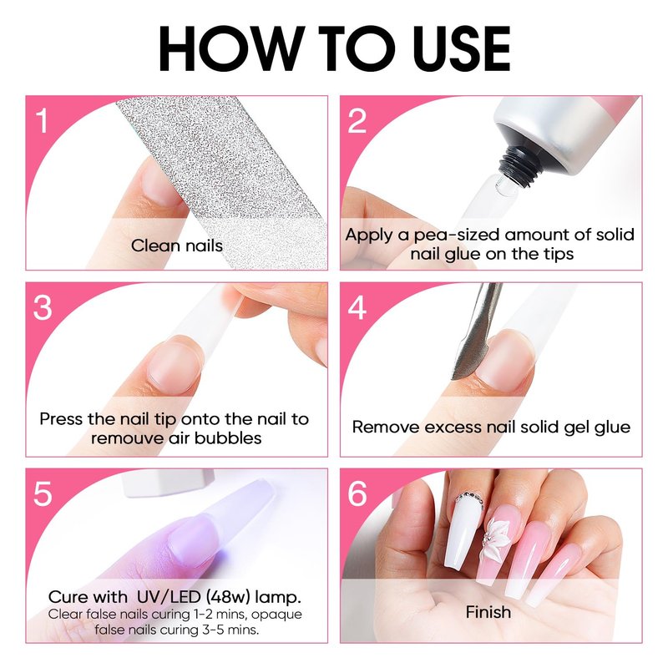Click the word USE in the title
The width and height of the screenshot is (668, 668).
[x=462, y=48]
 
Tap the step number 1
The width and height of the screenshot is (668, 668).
[x=42, y=121]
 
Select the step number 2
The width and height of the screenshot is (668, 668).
[x=357, y=121]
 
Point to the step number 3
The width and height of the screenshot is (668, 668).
[x=43, y=307]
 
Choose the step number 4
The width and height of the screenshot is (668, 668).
[x=357, y=307]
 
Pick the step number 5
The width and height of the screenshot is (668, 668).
[x=43, y=494]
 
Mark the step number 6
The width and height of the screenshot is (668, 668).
[x=357, y=494]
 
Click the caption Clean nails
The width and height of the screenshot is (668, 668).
[x=177, y=245]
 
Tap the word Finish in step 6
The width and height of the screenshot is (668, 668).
[x=488, y=612]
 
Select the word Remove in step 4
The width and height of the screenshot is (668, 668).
[x=386, y=428]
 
